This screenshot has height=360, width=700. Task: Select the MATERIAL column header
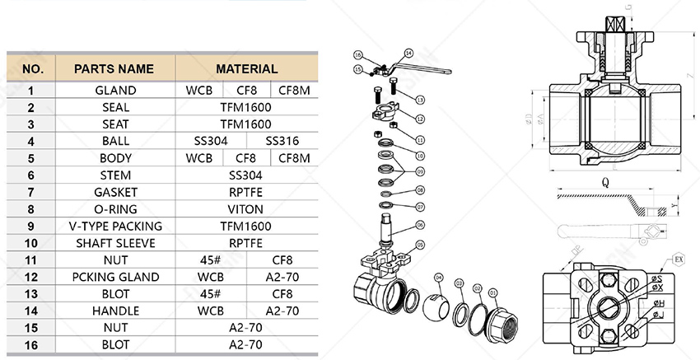(246, 69)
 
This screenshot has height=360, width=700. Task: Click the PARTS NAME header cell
(114, 69)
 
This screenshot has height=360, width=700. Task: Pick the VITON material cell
(246, 209)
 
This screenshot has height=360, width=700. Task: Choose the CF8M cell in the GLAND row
(293, 90)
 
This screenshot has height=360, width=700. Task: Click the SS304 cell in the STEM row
(246, 175)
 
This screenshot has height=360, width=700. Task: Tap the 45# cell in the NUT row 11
(210, 259)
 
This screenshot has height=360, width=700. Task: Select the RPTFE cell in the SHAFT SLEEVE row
(246, 243)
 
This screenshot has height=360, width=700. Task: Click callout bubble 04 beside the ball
(438, 277)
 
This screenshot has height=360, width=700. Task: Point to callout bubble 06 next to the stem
(419, 225)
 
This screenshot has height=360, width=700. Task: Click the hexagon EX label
(679, 259)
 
